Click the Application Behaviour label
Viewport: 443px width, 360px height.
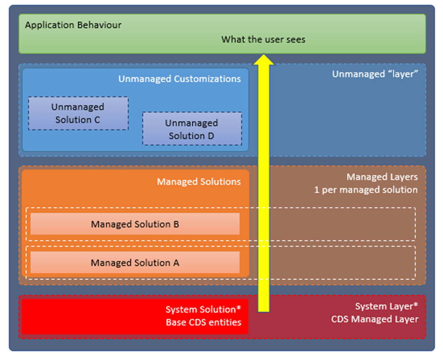coord(73,25)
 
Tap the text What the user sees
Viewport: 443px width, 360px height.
coord(263,40)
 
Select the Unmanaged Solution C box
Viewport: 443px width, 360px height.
coord(78,113)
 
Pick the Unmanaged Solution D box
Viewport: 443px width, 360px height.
coord(192,129)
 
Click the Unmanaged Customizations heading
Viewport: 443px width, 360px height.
coord(179,79)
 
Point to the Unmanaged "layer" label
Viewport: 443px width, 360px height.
coord(375,74)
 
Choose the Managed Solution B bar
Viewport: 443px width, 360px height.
coord(135,224)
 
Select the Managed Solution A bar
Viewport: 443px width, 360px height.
coord(135,263)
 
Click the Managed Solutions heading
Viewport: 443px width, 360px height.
coord(199,181)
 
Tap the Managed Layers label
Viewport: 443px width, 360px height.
coord(382,177)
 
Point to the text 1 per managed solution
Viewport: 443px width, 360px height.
coord(366,190)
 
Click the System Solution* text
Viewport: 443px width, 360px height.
coord(203,309)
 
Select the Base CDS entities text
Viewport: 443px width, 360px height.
coord(203,322)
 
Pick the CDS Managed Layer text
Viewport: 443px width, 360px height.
coord(375,319)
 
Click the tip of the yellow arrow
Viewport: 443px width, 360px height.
coord(264,55)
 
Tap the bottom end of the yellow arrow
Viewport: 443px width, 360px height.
coord(264,310)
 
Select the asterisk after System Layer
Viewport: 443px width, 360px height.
coord(416,306)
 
